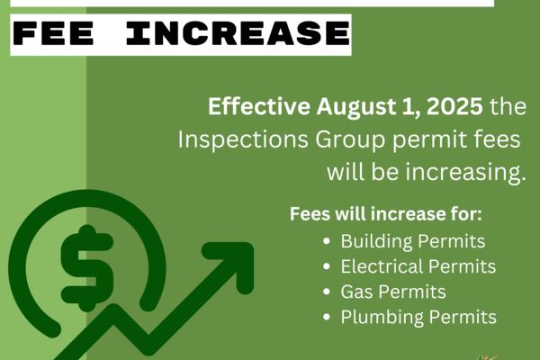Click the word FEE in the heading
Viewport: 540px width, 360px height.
point(53,33)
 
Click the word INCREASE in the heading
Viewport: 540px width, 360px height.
point(238,33)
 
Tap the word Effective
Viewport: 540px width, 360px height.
point(259,106)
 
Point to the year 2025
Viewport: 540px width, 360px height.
point(454,107)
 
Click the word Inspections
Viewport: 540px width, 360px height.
point(243,140)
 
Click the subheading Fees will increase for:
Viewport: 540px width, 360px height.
point(386,214)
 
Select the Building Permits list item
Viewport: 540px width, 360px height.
point(413,241)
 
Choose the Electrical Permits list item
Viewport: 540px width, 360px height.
point(418,266)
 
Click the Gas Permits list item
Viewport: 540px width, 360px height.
point(393,292)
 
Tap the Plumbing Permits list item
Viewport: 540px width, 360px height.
point(418,318)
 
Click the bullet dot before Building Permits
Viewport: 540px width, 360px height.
point(327,241)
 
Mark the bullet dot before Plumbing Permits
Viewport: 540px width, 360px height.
point(327,318)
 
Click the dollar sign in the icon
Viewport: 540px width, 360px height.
point(87,269)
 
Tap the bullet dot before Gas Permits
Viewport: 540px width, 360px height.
point(327,292)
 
